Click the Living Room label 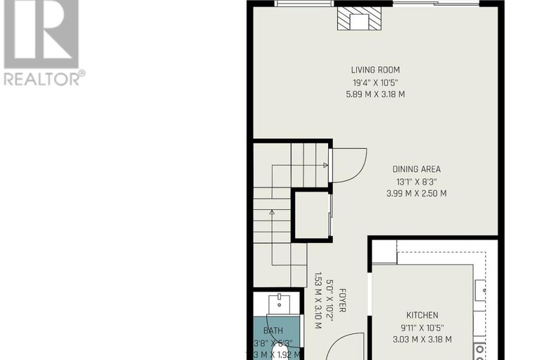point(375,70)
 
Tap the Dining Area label point(416,169)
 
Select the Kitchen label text point(422,315)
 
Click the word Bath point(272,330)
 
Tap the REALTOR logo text point(44,77)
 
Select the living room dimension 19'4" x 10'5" point(375,82)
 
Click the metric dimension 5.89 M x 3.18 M point(375,94)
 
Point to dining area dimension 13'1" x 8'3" point(416,181)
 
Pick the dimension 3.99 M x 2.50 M point(416,193)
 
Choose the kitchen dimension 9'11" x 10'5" point(422,327)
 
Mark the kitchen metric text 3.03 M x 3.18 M point(422,339)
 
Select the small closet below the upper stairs point(311,215)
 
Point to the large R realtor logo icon point(40,32)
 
